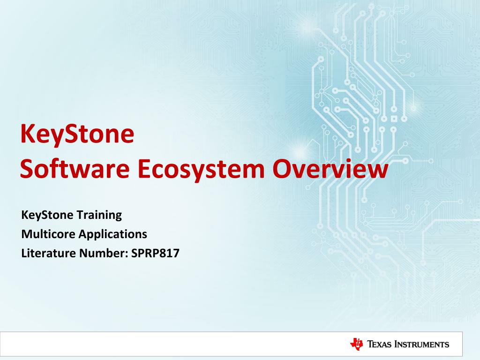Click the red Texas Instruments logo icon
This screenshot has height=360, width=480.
tap(357, 344)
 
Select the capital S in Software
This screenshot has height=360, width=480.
tap(27, 170)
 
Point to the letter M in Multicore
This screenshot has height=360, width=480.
tap(27, 233)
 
